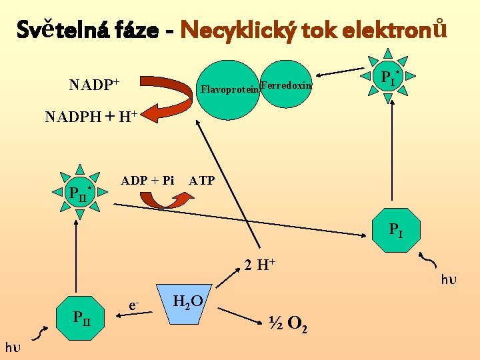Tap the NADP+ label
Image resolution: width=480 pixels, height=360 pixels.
click(94, 85)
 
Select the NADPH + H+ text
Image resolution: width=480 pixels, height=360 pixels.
click(91, 117)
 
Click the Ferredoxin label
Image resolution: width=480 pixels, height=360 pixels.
click(286, 85)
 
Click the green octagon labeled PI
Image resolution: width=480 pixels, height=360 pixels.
click(396, 231)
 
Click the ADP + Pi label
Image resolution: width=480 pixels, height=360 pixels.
click(147, 180)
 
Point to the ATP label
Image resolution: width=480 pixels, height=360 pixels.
click(201, 180)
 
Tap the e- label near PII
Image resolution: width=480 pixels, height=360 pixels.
click(134, 305)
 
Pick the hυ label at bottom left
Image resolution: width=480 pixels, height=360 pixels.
click(13, 347)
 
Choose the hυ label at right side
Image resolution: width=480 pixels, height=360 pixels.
click(449, 279)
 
